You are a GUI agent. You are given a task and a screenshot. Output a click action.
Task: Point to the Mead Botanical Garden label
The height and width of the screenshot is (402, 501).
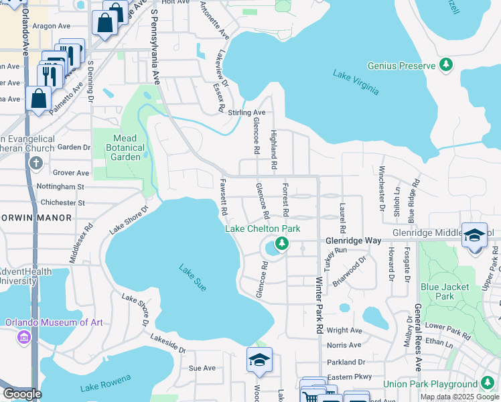tap(121, 147)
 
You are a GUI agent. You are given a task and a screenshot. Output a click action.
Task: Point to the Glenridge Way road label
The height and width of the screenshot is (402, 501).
tap(353, 240)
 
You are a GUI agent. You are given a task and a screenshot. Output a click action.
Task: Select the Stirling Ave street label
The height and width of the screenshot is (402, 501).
tap(246, 113)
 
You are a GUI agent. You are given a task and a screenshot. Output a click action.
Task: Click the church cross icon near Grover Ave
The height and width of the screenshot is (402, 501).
tap(35, 163)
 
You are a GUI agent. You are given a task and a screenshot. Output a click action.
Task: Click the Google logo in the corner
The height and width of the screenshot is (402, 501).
tap(22, 394)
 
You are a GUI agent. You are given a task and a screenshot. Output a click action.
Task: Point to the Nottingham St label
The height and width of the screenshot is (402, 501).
tap(62, 187)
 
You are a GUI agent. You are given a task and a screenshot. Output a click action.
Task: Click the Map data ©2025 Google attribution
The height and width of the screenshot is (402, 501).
tap(459, 397)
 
